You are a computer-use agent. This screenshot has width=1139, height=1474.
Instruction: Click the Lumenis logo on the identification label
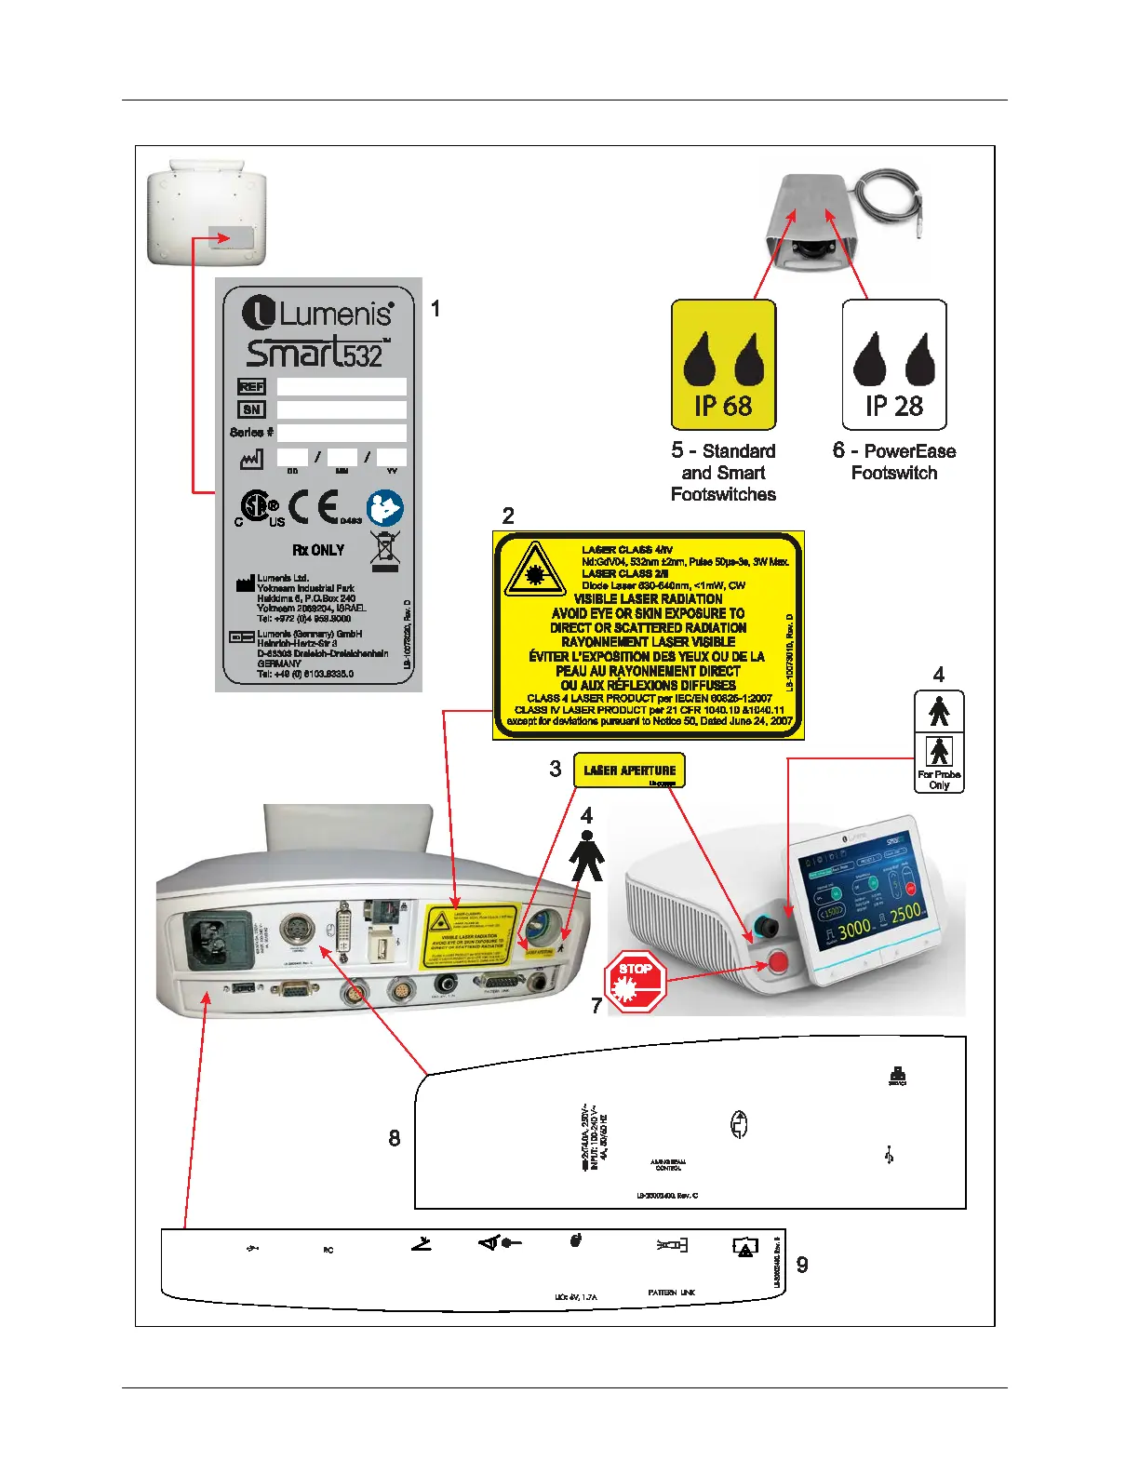pyautogui.click(x=317, y=312)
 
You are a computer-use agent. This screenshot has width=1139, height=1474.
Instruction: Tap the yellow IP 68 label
pyautogui.click(x=723, y=364)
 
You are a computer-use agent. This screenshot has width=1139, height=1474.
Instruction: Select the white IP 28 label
pyautogui.click(x=893, y=364)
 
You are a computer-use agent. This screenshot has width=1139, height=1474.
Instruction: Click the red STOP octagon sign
pyautogui.click(x=636, y=981)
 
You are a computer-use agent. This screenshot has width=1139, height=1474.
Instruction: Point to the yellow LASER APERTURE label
pyautogui.click(x=629, y=770)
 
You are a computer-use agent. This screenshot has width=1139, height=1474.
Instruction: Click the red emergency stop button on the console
pyautogui.click(x=777, y=962)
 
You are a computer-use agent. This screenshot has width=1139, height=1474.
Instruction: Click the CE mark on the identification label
pyautogui.click(x=313, y=508)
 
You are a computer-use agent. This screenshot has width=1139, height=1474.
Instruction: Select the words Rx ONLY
pyautogui.click(x=318, y=550)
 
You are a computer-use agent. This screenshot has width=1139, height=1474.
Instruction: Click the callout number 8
pyautogui.click(x=395, y=1138)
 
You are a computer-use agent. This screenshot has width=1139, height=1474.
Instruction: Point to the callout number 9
pyautogui.click(x=802, y=1265)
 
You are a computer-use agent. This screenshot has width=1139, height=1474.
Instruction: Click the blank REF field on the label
pyautogui.click(x=342, y=387)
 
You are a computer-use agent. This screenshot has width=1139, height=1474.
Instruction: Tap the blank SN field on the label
pyautogui.click(x=342, y=409)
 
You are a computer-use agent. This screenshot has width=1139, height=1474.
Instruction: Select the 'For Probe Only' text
pyautogui.click(x=939, y=780)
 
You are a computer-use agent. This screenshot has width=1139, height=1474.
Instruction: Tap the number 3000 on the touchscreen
pyautogui.click(x=853, y=926)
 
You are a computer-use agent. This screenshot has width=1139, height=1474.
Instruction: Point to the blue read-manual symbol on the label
pyautogui.click(x=384, y=509)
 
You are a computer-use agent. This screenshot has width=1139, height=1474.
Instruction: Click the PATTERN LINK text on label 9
pyautogui.click(x=671, y=1293)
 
